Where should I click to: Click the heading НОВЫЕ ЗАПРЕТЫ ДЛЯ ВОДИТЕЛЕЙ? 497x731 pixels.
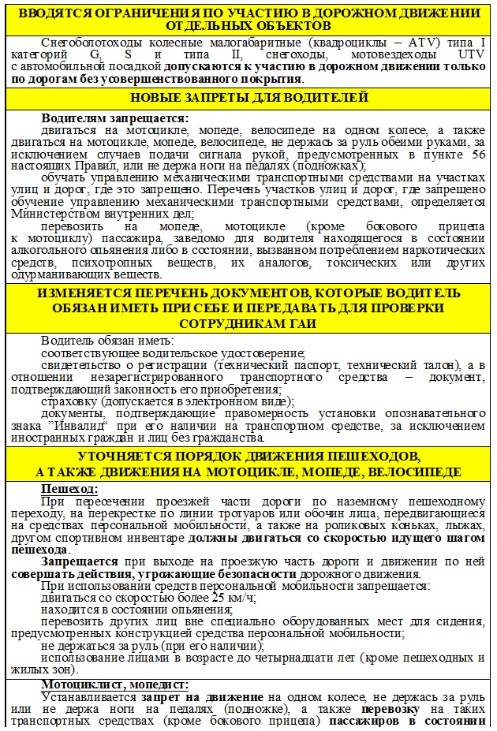click(x=248, y=98)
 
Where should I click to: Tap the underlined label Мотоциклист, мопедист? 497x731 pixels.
click(x=115, y=684)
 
